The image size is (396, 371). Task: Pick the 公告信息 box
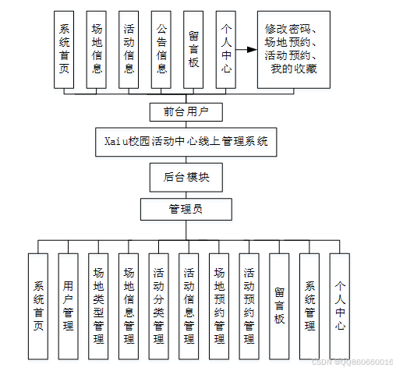pos(161,50)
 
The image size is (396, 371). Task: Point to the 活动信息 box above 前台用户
pos(128,50)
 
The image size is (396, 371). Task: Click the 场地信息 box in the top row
pos(96,50)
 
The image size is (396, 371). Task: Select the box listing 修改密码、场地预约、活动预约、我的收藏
pos(290,50)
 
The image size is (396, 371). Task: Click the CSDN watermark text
pos(352,363)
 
